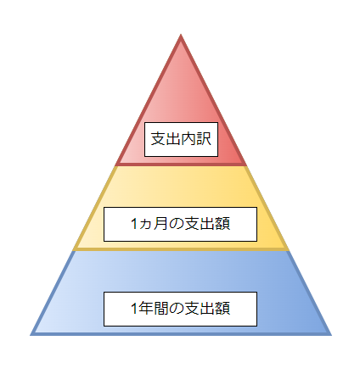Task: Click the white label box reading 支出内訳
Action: click(x=181, y=139)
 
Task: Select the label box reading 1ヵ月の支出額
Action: click(x=180, y=224)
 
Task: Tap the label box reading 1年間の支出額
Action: click(x=180, y=309)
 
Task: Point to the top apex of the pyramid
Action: click(x=181, y=35)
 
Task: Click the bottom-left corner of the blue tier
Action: click(x=31, y=335)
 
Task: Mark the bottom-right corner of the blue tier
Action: click(x=331, y=335)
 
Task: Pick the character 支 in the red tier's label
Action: click(x=158, y=138)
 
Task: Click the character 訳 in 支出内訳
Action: click(x=204, y=138)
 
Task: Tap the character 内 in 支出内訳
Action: click(x=188, y=138)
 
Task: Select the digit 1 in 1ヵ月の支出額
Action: click(x=134, y=224)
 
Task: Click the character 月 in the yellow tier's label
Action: click(x=160, y=223)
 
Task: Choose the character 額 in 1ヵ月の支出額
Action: click(x=222, y=223)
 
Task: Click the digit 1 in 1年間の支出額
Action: click(x=134, y=308)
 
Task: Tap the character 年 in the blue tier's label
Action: click(x=146, y=308)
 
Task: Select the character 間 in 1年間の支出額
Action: click(x=161, y=308)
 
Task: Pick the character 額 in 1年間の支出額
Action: click(x=222, y=308)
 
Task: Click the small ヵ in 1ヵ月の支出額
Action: click(x=145, y=225)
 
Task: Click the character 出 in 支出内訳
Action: click(x=173, y=138)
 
